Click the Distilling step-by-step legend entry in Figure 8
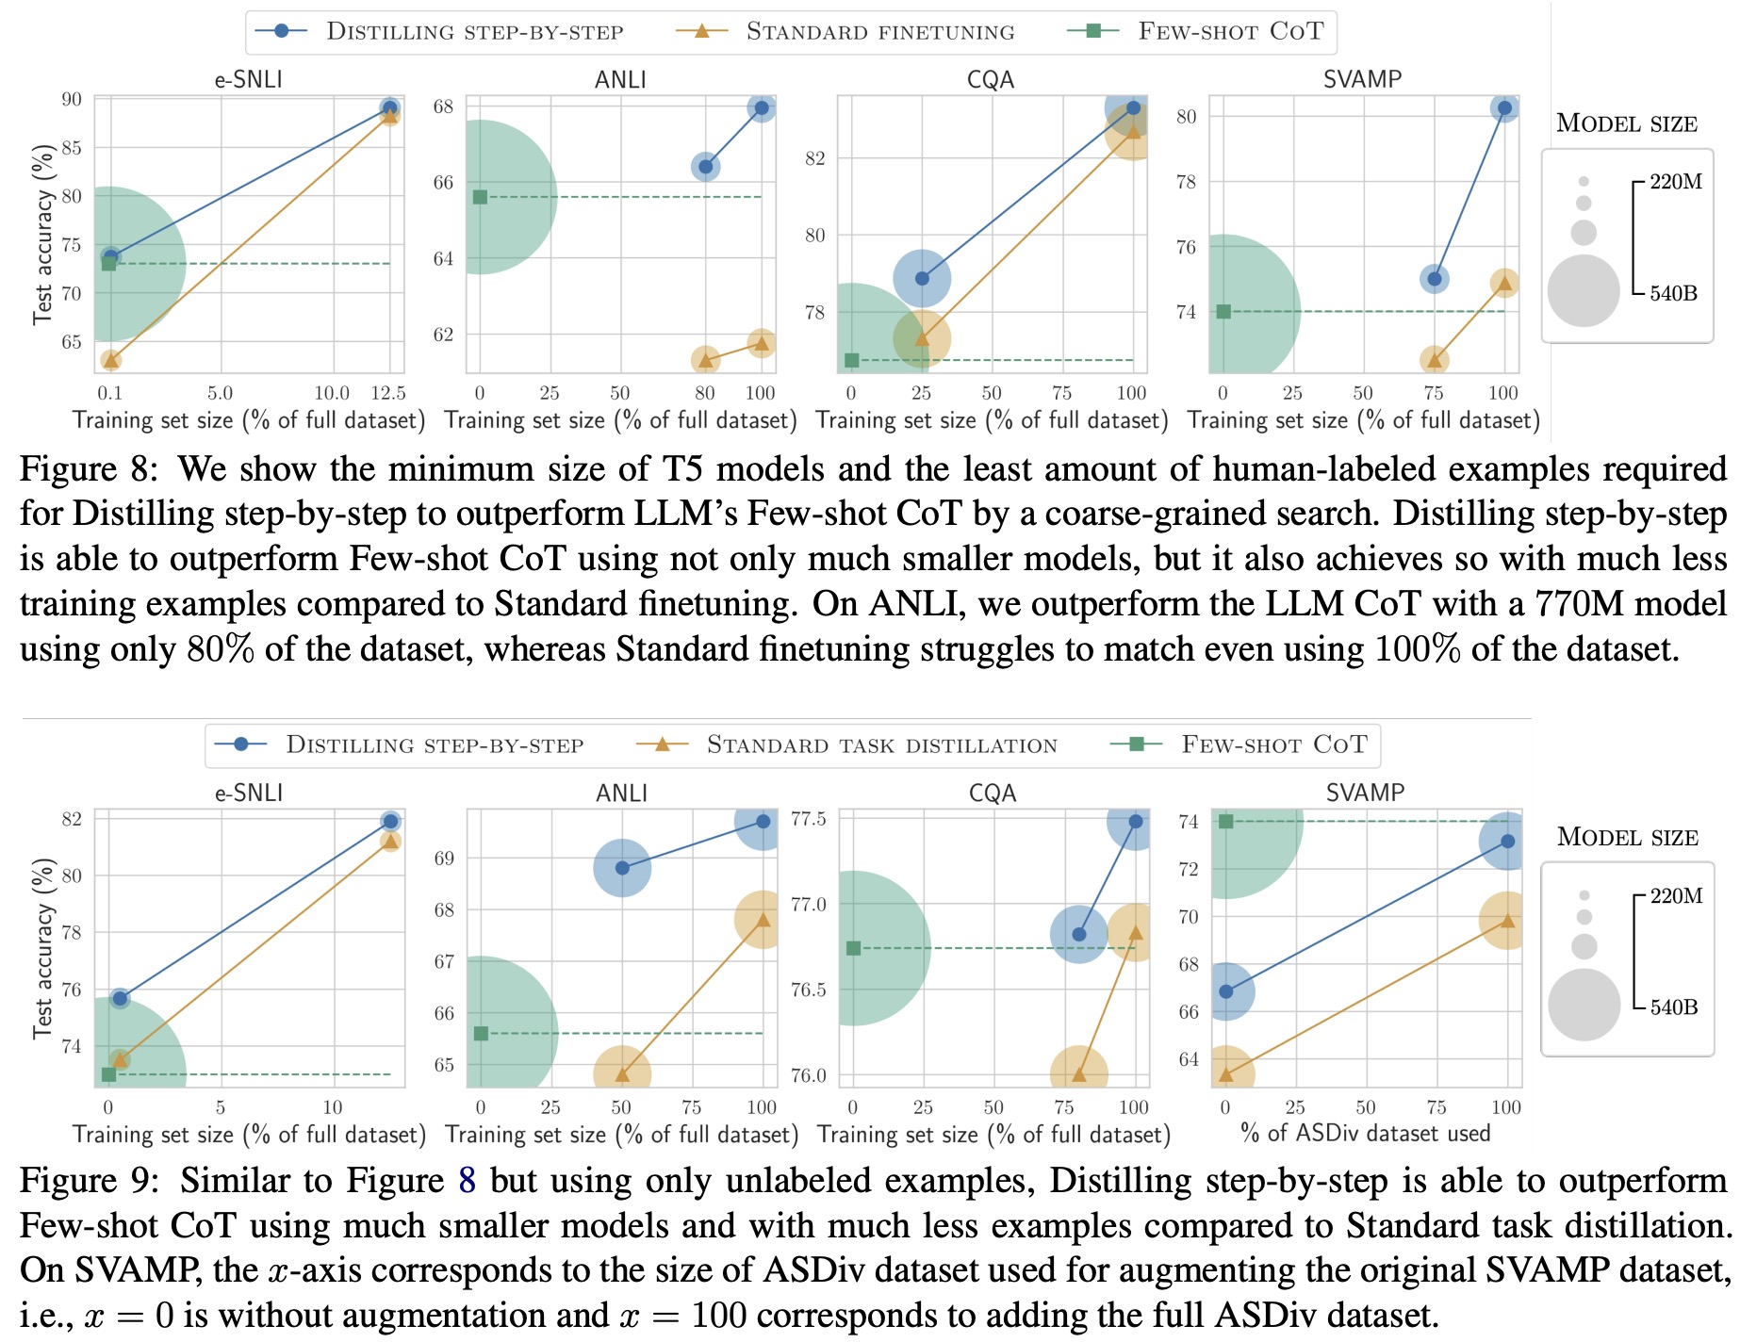coord(474,31)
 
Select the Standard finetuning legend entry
coord(879,31)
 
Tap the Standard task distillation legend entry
coord(881,745)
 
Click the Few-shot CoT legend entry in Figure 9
coord(1273,745)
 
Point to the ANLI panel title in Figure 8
coord(620,79)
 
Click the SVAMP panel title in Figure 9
coord(1365,793)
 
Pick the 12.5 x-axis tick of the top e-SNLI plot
coord(388,393)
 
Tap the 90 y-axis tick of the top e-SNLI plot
coord(72,99)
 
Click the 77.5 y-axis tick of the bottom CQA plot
coord(809,819)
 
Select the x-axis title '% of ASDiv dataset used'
coord(1366,1133)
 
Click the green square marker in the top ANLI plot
coord(480,197)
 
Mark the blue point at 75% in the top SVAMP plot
coord(1434,279)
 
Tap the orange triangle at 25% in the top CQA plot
coord(922,338)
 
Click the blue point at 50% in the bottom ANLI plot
coord(622,867)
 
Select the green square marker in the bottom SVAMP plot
coord(1225,822)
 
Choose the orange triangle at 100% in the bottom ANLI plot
coord(762,919)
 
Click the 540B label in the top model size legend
coord(1673,293)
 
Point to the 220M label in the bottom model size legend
coord(1676,895)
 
